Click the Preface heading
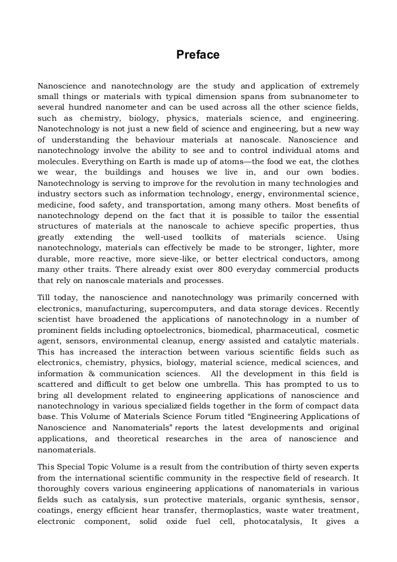198,55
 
